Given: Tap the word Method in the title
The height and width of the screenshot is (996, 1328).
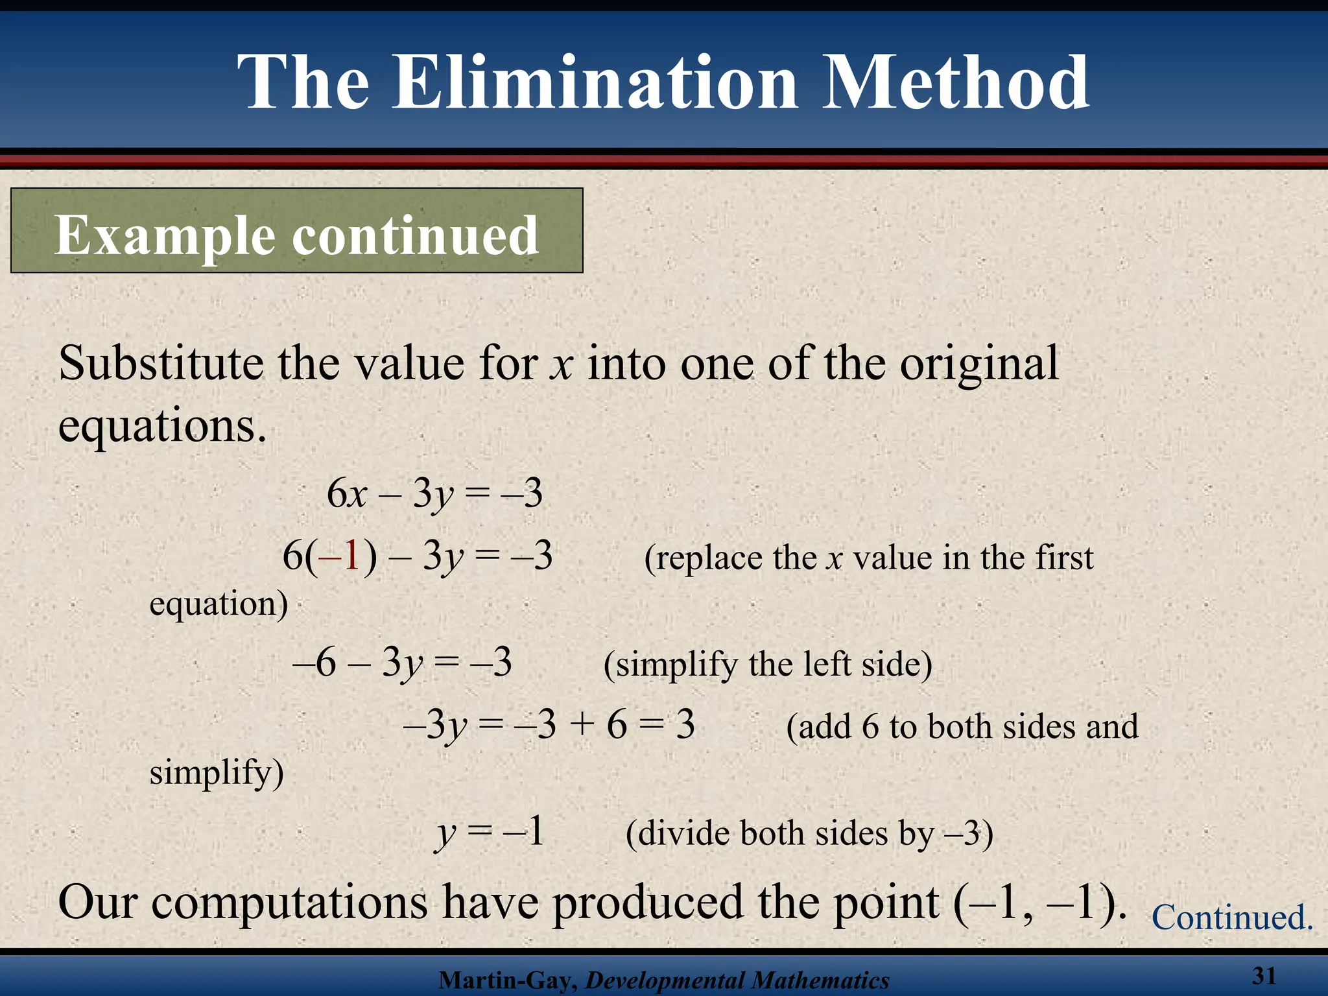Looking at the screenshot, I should (x=955, y=82).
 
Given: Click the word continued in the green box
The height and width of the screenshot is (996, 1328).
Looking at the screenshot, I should (x=416, y=235).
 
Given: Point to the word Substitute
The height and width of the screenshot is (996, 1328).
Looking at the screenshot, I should (x=161, y=363).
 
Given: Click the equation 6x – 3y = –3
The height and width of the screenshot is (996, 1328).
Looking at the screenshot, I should (x=434, y=494).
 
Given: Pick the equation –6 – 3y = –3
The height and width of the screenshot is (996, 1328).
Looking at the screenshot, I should (x=402, y=663).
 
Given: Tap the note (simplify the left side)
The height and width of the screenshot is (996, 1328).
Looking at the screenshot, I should (x=768, y=665).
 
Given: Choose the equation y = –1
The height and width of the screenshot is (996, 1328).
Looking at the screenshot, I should (x=490, y=833).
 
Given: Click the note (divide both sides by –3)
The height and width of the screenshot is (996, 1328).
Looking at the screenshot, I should (x=809, y=834).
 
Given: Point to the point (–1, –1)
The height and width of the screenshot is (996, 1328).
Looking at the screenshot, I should (x=1041, y=903).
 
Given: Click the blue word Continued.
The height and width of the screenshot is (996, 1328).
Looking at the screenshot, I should (x=1232, y=918).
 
